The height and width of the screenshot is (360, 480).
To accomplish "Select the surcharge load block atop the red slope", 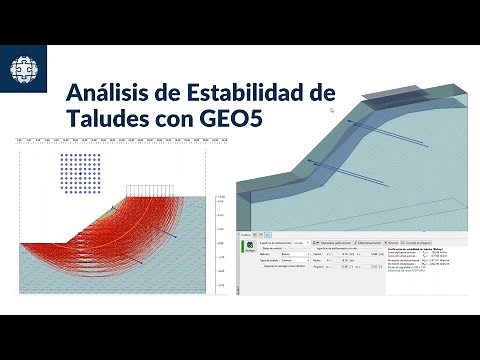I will click(149, 189).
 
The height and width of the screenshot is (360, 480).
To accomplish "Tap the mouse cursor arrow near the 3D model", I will click(332, 110).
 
